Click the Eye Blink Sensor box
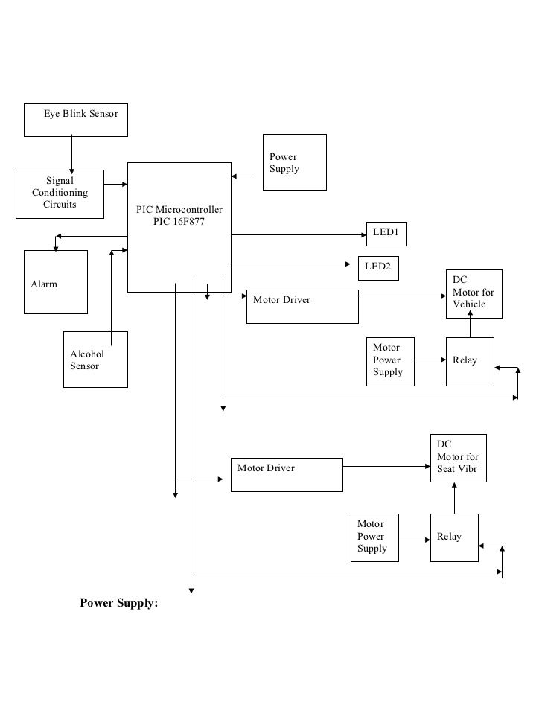pos(75,120)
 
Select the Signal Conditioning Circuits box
pos(60,194)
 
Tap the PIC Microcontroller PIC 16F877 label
pos(179,217)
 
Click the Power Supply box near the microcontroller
pos(294,162)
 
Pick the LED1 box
pos(386,233)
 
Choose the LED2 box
pos(377,267)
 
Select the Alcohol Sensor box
pos(95,360)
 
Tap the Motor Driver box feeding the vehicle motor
pos(302,306)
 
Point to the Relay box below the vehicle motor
pos(469,361)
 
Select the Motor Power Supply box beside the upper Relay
pos(389,361)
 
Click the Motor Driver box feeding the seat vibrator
pos(287,474)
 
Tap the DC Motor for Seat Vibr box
pos(458,458)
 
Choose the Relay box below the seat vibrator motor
pos(453,537)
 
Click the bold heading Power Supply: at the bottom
pos(119,603)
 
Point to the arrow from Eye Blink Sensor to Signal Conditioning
pos(71,153)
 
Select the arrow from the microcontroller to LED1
pos(298,234)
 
